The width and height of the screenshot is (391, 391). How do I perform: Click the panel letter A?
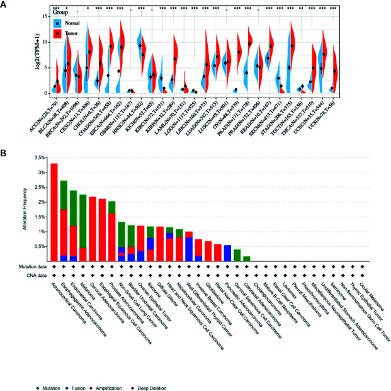[x=4, y=5]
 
